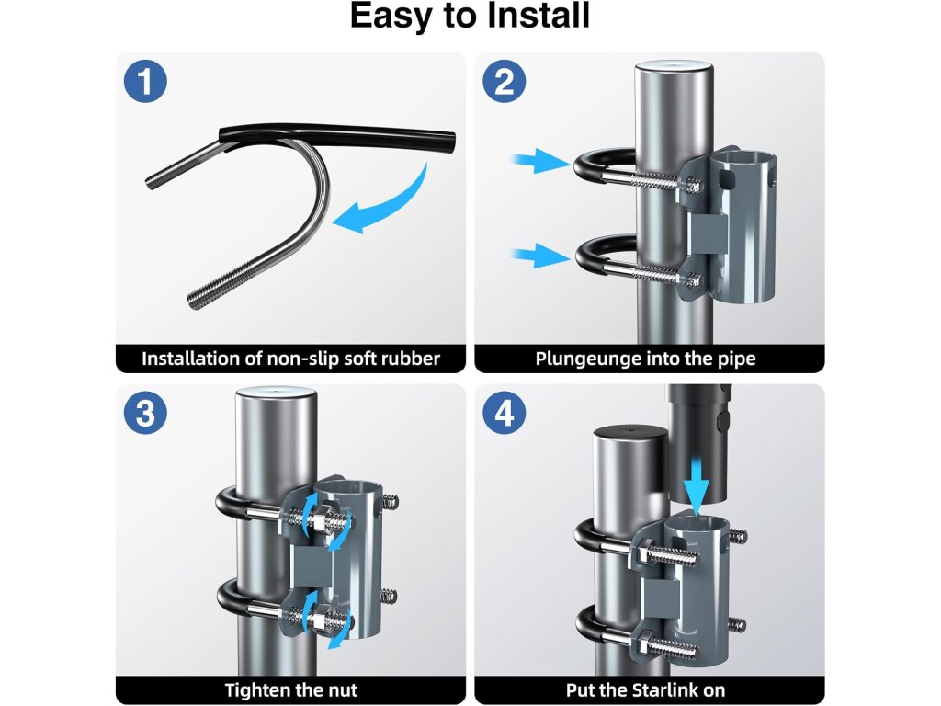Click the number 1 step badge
pos(145,81)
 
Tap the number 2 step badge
pos(505,81)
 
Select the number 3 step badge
pos(145,413)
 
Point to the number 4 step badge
pos(505,413)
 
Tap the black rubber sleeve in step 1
pos(336,136)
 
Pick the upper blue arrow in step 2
pos(539,161)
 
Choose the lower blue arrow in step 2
pos(539,256)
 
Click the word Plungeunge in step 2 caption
pos(588,359)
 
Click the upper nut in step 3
pos(317,515)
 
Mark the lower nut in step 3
pos(317,618)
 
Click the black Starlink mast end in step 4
pos(699,444)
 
